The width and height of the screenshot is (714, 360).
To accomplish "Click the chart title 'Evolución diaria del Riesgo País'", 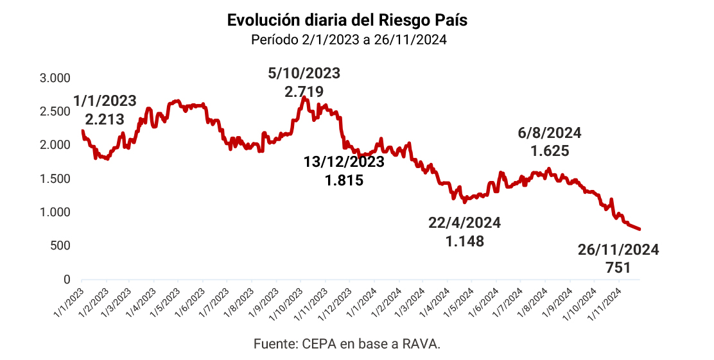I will click(x=347, y=20).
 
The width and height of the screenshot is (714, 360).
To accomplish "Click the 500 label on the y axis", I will click(x=60, y=246).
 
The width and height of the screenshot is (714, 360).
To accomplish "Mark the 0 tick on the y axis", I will click(x=66, y=279).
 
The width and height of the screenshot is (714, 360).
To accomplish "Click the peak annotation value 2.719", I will click(x=304, y=92).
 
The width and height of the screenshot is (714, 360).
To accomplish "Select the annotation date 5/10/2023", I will click(x=304, y=73).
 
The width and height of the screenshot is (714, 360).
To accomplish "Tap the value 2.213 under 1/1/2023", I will click(x=105, y=119).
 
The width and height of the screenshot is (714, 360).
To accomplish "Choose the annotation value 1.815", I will click(x=344, y=180).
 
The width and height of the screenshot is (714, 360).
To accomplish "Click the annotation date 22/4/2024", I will click(x=464, y=223).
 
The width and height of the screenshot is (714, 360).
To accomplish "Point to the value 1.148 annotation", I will click(x=464, y=241).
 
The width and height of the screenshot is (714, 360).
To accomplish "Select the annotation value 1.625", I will click(x=550, y=151).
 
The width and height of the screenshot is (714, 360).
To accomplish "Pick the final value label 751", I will click(x=618, y=268).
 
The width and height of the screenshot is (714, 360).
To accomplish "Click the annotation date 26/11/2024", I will click(x=618, y=250).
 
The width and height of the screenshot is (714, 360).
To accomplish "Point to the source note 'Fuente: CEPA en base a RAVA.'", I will click(x=347, y=344).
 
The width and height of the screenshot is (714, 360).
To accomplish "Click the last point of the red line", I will click(x=640, y=229).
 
